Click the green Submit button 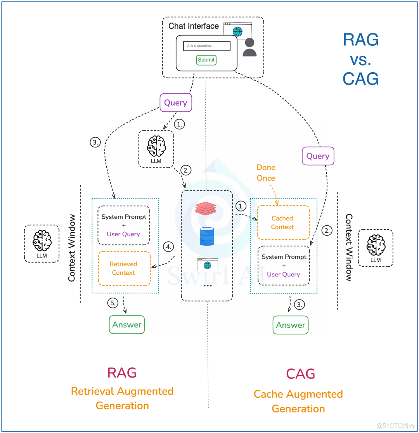pyautogui.click(x=206, y=60)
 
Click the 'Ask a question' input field pyautogui.click(x=207, y=46)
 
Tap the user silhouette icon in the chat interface pyautogui.click(x=249, y=47)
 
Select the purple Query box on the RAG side pyautogui.click(x=176, y=103)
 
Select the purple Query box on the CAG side pyautogui.click(x=318, y=156)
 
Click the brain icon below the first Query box pyautogui.click(x=156, y=146)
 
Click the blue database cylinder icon pyautogui.click(x=207, y=236)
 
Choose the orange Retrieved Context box pyautogui.click(x=124, y=268)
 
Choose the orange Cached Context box pyautogui.click(x=283, y=223)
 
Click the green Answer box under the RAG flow pyautogui.click(x=127, y=325)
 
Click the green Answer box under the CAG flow pyautogui.click(x=291, y=325)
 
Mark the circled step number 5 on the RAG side pyautogui.click(x=113, y=303)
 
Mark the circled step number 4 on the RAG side pyautogui.click(x=168, y=246)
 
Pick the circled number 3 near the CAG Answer pyautogui.click(x=299, y=305)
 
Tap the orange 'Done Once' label pyautogui.click(x=266, y=173)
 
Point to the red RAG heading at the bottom pyautogui.click(x=122, y=373)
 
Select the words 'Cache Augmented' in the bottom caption pyautogui.click(x=298, y=394)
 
